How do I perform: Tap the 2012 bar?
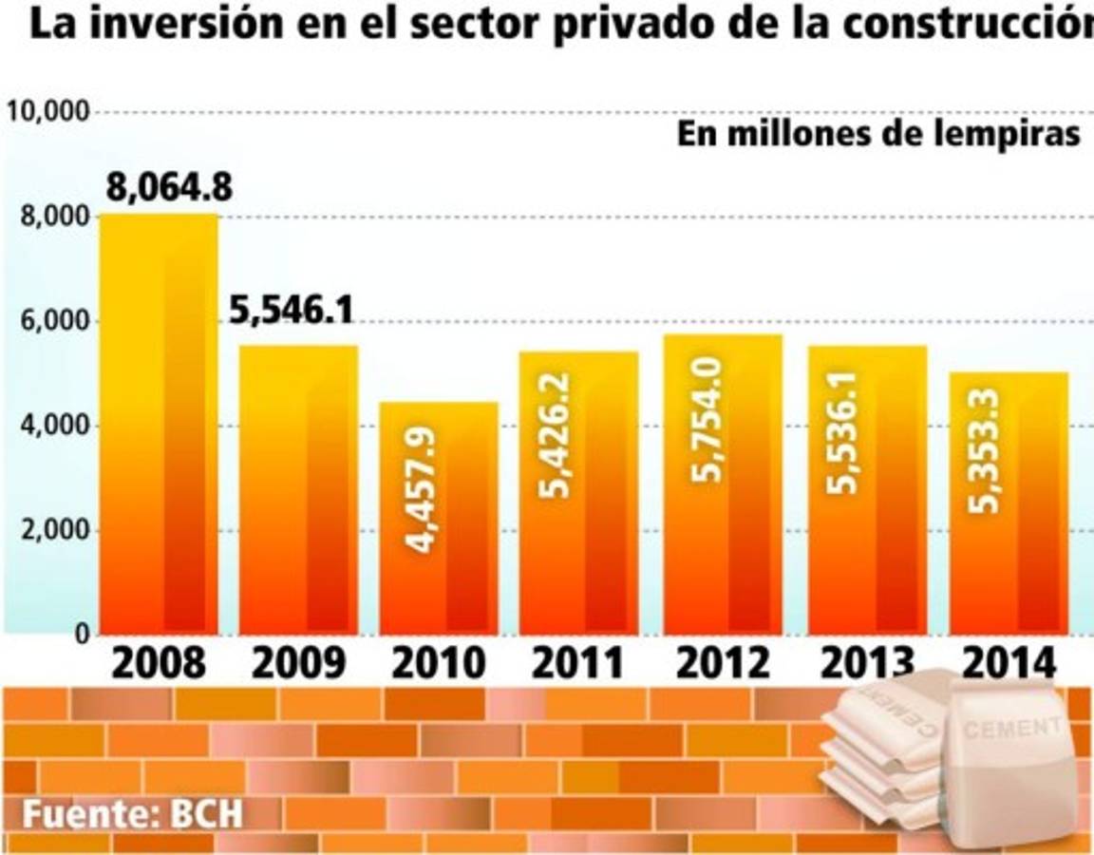[723, 484]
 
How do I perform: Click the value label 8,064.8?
[169, 188]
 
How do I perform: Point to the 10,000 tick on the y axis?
[47, 112]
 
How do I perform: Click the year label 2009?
[299, 663]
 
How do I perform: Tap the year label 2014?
[1009, 663]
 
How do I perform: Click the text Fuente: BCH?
[134, 814]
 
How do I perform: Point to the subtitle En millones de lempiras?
[878, 134]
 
